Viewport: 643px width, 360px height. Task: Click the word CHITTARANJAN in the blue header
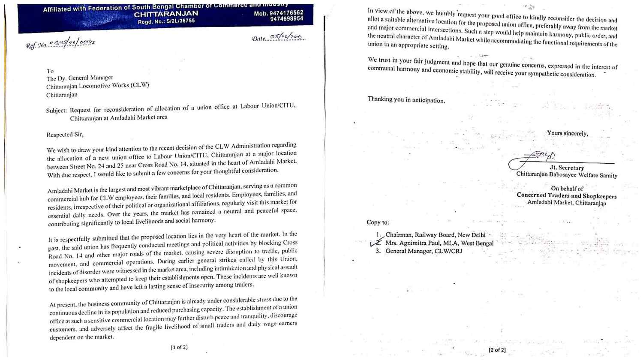tap(166, 14)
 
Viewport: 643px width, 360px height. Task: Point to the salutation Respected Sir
tap(65, 135)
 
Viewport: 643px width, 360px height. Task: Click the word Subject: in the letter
tap(57, 110)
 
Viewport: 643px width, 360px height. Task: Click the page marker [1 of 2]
tap(179, 347)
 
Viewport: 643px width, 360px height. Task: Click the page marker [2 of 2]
tap(497, 350)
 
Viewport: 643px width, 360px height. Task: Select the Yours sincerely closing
tap(567, 133)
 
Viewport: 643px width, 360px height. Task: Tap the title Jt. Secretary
tap(567, 168)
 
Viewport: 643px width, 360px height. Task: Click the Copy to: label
tap(378, 222)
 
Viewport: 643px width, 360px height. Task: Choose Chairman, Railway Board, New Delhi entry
tap(435, 235)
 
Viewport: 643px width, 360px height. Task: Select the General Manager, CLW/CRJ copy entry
tap(424, 251)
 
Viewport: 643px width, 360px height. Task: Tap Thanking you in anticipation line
tap(406, 100)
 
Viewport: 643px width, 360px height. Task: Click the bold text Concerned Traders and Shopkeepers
tap(566, 195)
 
